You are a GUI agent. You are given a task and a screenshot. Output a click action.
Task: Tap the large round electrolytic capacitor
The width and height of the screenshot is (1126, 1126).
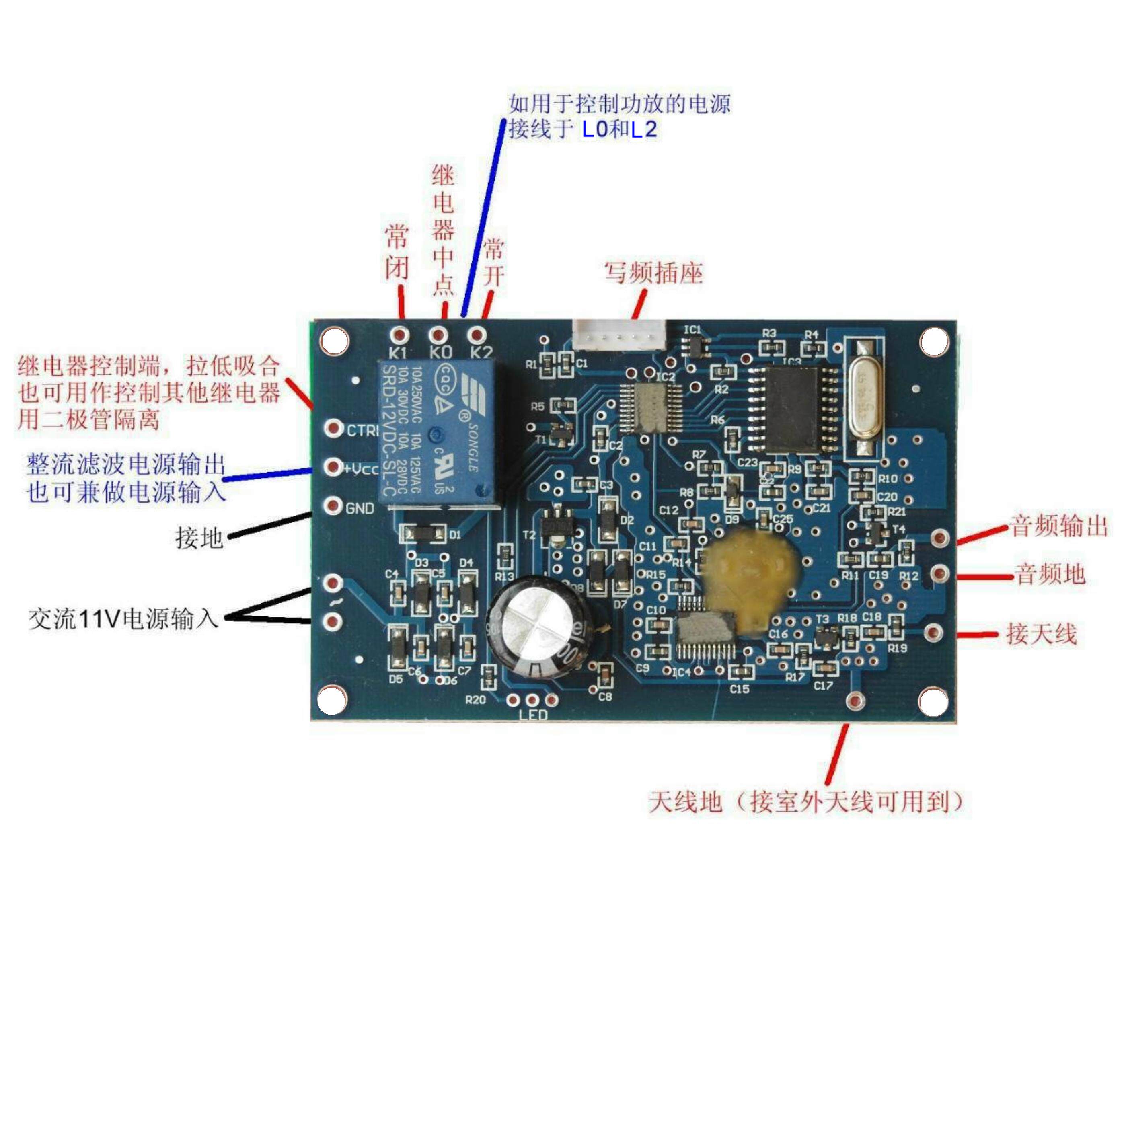(x=537, y=627)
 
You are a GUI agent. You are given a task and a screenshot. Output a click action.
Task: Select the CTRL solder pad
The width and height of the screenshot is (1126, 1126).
(x=333, y=429)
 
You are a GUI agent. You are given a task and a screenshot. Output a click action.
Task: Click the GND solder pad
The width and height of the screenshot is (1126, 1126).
(x=333, y=506)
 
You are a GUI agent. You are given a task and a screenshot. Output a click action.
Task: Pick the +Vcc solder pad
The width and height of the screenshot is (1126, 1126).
(x=333, y=467)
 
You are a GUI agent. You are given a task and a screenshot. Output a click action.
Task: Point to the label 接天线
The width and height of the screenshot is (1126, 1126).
(x=1041, y=633)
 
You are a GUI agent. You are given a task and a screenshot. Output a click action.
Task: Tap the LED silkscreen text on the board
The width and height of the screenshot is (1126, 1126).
(x=533, y=715)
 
